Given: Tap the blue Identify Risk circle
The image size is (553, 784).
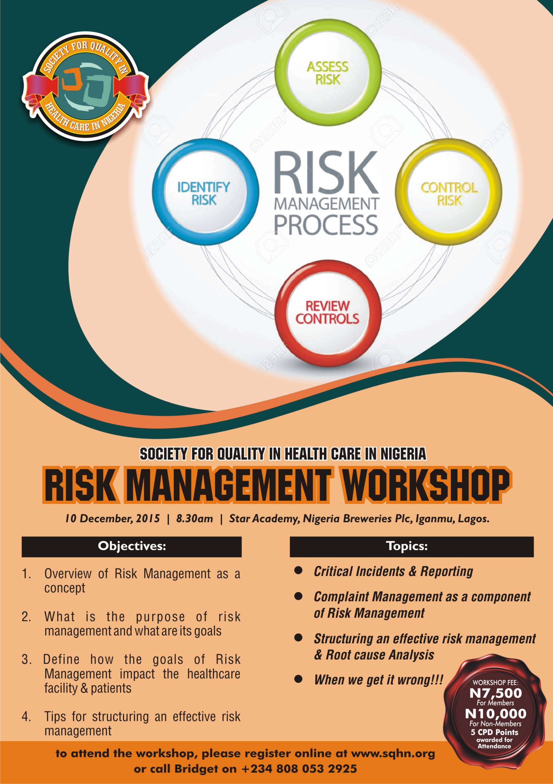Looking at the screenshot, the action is point(204,193).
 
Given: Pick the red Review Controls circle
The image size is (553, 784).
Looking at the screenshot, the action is point(327,312).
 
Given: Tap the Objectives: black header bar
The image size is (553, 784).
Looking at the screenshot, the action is point(132,546).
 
